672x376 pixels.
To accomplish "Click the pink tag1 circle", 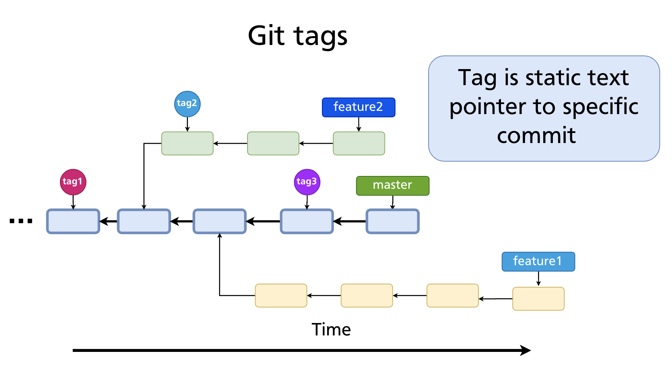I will pyautogui.click(x=73, y=182).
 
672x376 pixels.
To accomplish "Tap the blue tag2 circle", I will pyautogui.click(x=187, y=104).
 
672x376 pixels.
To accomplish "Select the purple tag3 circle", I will pyautogui.click(x=307, y=182).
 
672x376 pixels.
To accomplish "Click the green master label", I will pyautogui.click(x=392, y=186).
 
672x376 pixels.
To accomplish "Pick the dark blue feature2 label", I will pyautogui.click(x=358, y=107).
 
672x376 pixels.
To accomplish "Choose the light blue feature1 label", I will pyautogui.click(x=538, y=262).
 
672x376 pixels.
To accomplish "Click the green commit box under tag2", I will pyautogui.click(x=187, y=143).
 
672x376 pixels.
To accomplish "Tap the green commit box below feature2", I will pyautogui.click(x=359, y=143).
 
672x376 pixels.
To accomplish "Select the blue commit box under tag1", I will pyautogui.click(x=73, y=221).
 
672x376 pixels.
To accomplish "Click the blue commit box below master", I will pyautogui.click(x=392, y=221).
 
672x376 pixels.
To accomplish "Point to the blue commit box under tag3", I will pyautogui.click(x=307, y=221).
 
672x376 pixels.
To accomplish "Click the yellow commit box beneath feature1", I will pyautogui.click(x=538, y=298).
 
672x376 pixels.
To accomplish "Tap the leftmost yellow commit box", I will pyautogui.click(x=281, y=296).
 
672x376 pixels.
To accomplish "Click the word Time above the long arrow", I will pyautogui.click(x=331, y=330).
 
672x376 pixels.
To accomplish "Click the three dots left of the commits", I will pyautogui.click(x=21, y=221).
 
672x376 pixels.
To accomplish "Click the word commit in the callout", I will pyautogui.click(x=536, y=135).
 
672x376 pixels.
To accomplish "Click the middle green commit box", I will pyautogui.click(x=273, y=143).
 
